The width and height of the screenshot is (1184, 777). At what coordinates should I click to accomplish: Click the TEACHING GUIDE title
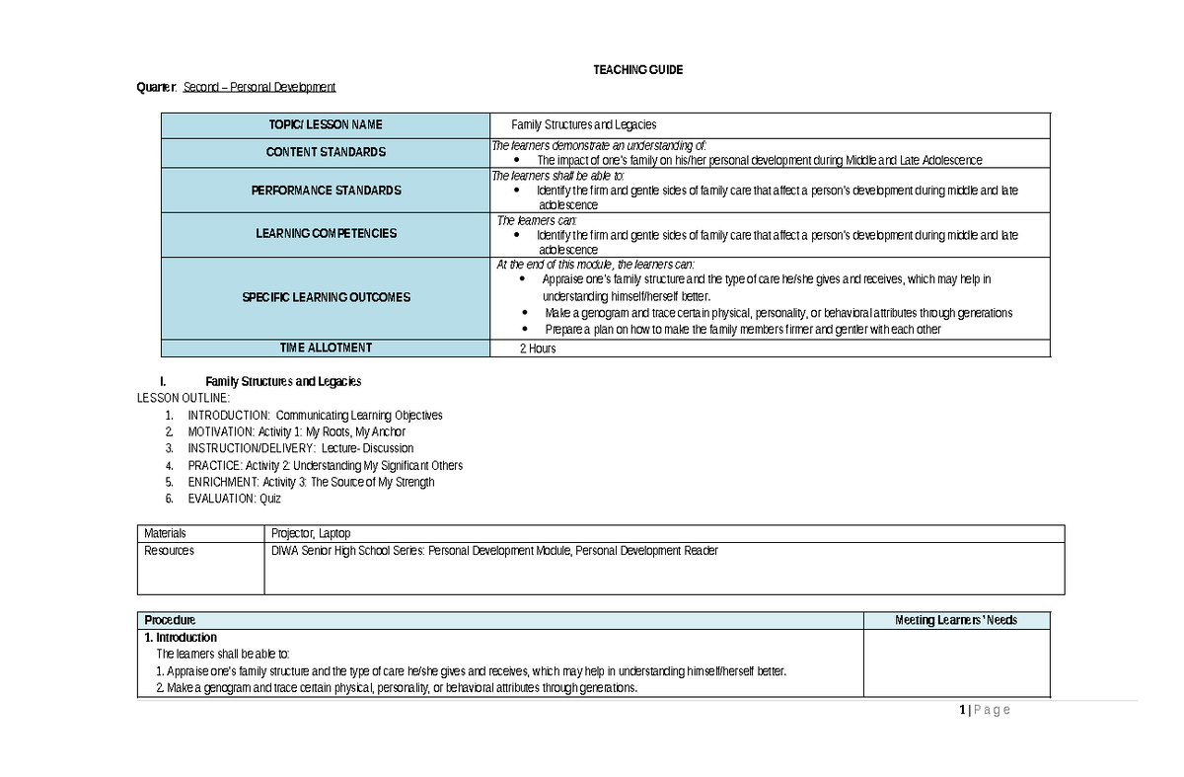(637, 70)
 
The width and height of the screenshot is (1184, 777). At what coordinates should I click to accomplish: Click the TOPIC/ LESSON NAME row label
(326, 125)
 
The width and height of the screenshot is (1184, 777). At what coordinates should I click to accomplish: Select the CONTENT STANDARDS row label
(326, 152)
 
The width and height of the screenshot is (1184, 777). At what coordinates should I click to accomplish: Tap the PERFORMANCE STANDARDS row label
(326, 190)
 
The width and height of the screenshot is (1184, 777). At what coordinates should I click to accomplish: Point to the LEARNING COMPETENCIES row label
(326, 234)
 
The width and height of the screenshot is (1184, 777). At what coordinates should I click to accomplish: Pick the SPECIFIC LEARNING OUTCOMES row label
(326, 297)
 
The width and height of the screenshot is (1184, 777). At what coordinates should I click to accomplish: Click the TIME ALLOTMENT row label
(326, 348)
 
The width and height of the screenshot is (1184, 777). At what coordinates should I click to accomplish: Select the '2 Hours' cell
(538, 349)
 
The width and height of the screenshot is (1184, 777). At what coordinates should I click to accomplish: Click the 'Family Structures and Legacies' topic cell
(583, 125)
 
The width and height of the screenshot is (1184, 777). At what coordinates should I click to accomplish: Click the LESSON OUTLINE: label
(183, 398)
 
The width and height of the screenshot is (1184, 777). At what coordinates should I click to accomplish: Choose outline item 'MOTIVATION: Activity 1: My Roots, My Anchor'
(296, 431)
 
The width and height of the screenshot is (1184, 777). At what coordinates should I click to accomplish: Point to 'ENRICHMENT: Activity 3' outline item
(311, 482)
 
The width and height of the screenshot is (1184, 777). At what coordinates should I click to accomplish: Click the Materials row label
(165, 533)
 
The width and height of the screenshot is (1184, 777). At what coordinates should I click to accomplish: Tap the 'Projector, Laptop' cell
(311, 533)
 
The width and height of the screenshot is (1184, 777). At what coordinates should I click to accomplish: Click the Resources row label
(169, 551)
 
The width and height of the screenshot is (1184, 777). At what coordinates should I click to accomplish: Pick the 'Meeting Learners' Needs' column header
(956, 620)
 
